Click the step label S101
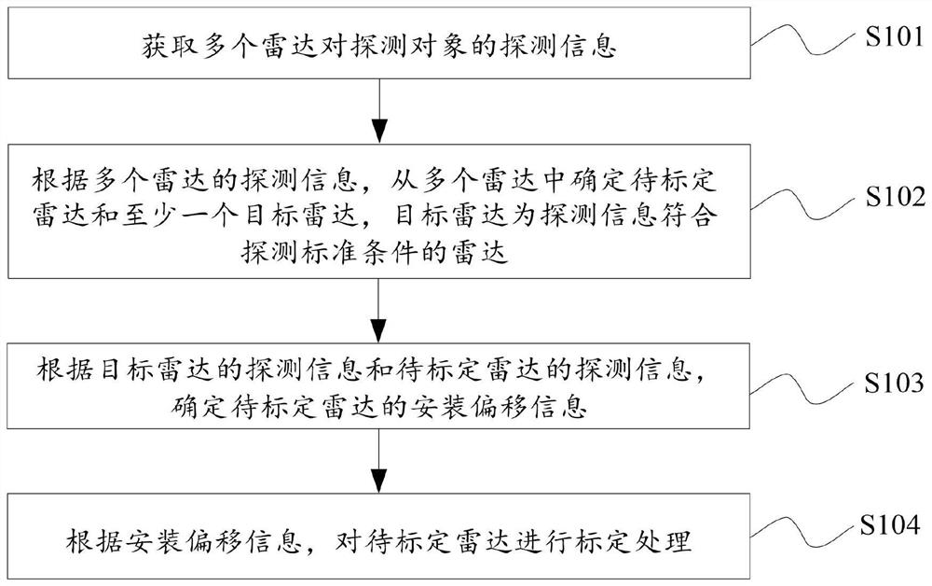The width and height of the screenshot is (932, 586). point(894,37)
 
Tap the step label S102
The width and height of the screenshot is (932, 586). point(895,197)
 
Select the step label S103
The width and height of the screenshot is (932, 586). point(894,384)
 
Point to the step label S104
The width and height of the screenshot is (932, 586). point(890,525)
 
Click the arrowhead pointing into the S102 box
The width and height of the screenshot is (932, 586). point(379,131)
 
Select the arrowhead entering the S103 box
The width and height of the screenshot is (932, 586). point(378,330)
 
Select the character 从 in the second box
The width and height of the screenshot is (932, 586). point(404,181)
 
